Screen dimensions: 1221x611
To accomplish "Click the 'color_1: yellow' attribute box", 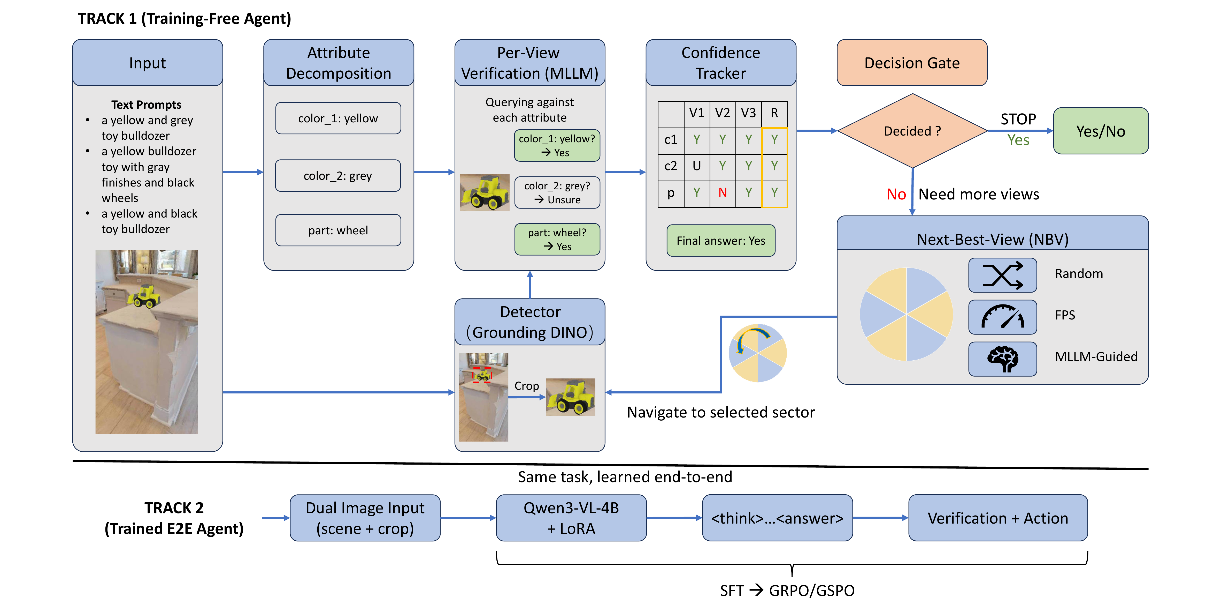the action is point(338,118).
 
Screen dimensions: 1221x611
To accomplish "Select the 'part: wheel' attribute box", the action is point(338,230).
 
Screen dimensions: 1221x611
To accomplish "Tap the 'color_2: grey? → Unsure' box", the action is point(557,193).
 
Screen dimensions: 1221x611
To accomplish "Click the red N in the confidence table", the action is point(722,193).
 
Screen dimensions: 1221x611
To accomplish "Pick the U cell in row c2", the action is point(696,166).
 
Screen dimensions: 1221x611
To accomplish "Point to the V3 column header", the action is point(748,113).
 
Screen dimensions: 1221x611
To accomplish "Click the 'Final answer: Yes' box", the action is point(720,241).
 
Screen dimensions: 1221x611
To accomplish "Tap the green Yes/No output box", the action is point(1101,131).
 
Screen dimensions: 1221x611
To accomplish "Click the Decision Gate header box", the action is point(912,63).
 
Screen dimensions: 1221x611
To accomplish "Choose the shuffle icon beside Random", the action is point(1002,275).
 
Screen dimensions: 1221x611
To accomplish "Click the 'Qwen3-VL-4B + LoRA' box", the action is point(571,518).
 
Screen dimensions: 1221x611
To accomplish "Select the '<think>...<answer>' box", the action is point(777,518).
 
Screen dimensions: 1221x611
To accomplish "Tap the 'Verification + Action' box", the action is point(998,518).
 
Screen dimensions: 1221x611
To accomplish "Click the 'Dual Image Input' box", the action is point(365,518).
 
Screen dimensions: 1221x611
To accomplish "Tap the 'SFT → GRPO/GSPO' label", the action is point(787,591).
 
